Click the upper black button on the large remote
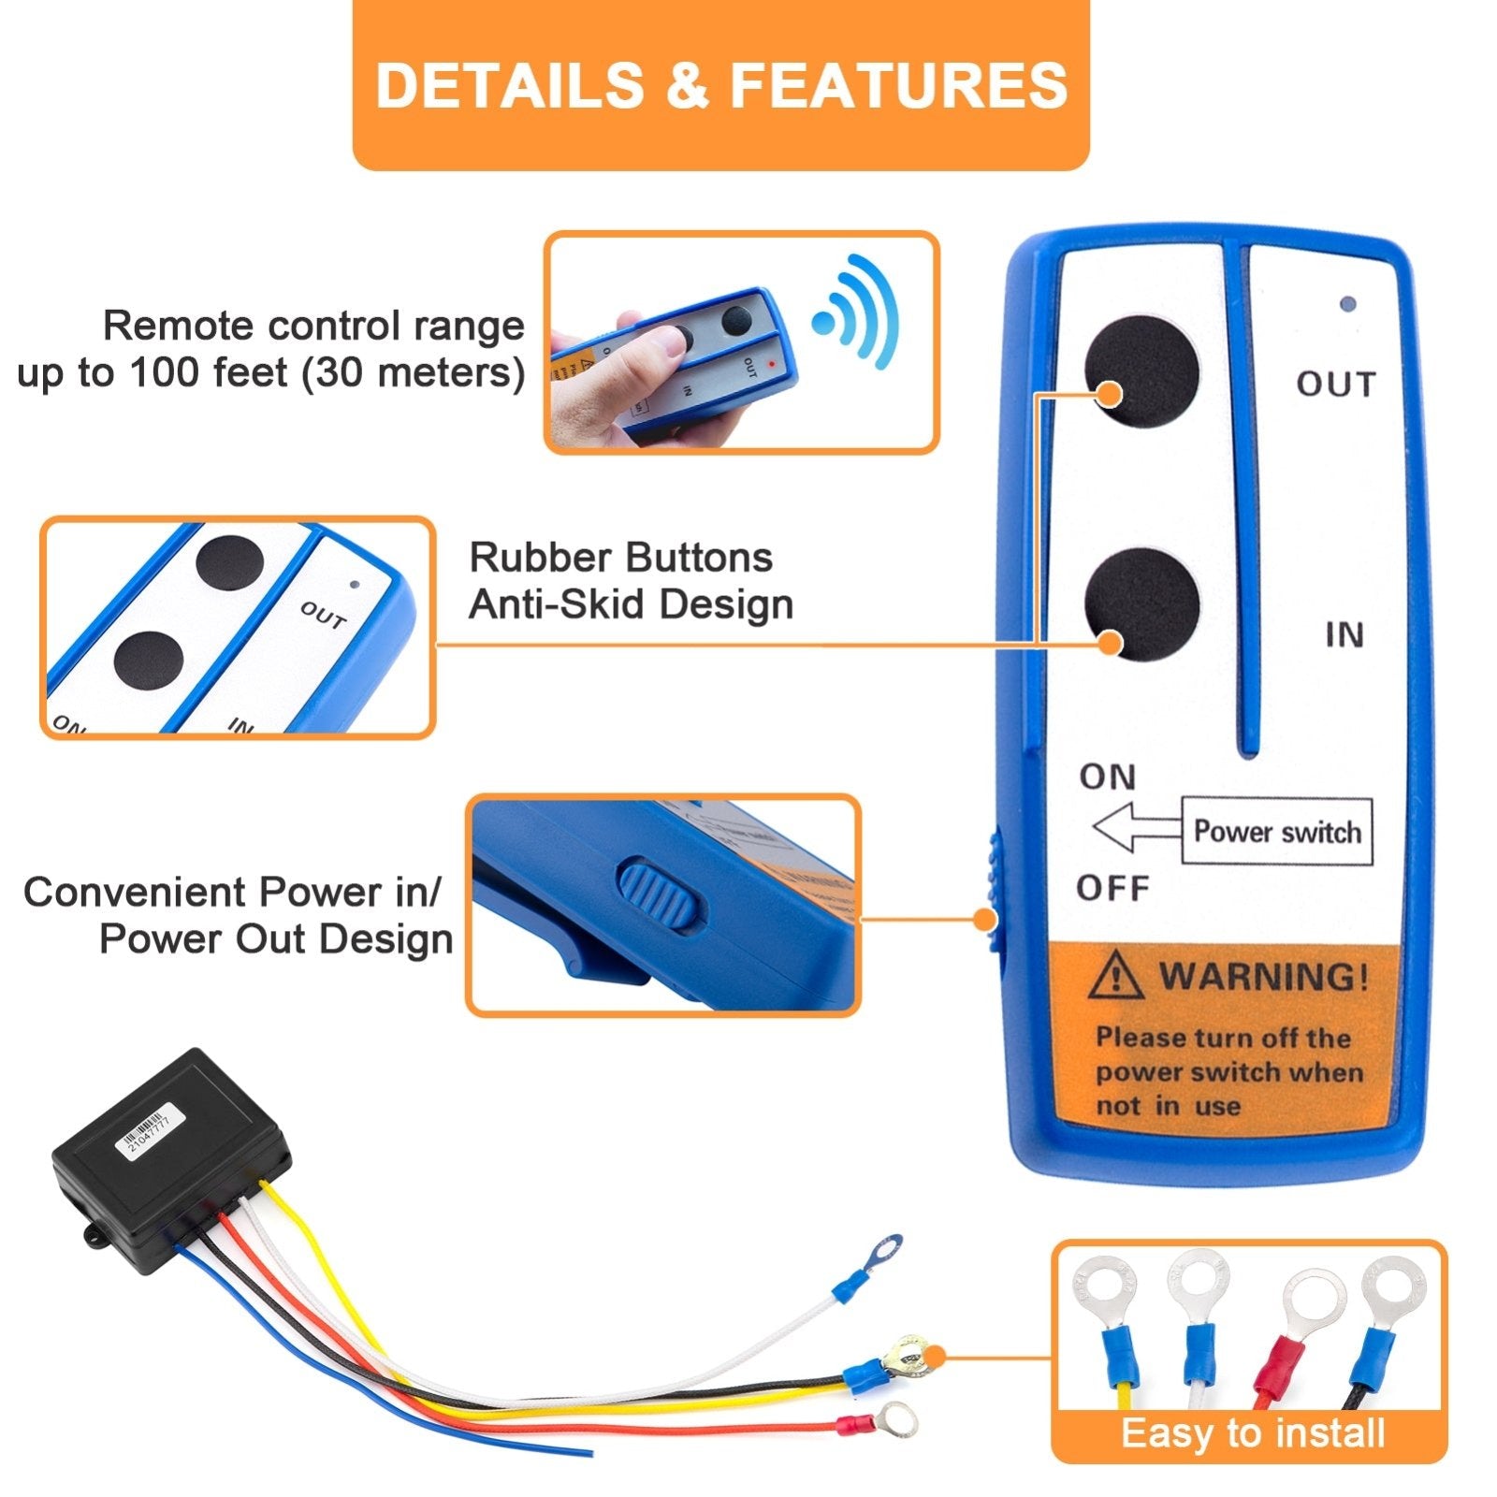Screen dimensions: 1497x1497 point(1141,371)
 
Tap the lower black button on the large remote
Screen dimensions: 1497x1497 point(1141,603)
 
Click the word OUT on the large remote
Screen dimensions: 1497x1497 point(1336,385)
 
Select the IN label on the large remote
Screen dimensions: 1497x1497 point(1344,635)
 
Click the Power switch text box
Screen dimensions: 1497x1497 point(1277,832)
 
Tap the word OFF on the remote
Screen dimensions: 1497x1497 point(1112,887)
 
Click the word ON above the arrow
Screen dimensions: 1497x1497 point(1108,777)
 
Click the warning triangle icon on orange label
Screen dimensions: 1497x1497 point(1114,976)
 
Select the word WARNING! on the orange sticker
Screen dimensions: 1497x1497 point(1264,977)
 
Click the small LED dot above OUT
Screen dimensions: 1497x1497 point(1347,304)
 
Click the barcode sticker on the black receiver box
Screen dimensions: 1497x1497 point(145,1133)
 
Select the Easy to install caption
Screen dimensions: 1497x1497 point(1252,1432)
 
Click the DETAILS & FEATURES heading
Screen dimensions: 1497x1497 point(720,85)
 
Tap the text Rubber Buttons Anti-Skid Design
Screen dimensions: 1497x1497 point(630,581)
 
